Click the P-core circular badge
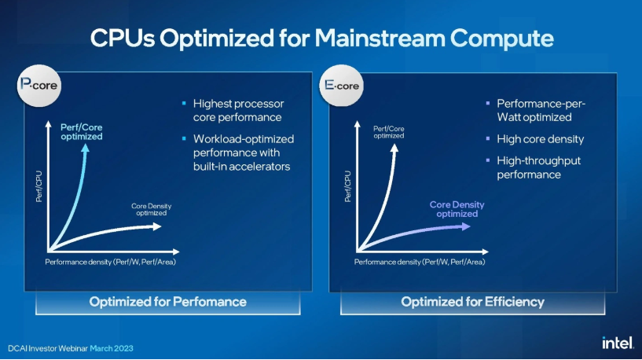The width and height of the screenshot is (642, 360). (x=39, y=86)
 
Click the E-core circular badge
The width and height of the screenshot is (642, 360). (x=341, y=86)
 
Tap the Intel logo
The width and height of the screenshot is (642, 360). (x=618, y=343)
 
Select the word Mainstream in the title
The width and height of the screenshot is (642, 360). (x=380, y=38)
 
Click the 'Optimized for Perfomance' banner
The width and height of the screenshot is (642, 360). (x=168, y=303)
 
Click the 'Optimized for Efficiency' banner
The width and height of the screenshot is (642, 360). (x=472, y=303)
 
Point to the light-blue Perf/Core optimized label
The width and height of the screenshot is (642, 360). (x=82, y=132)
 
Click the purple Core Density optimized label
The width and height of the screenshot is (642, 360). (x=457, y=209)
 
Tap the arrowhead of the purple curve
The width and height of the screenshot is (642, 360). (x=466, y=226)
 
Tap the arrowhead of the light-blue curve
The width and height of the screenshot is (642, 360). (x=85, y=148)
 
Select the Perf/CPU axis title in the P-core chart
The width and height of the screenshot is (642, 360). (x=39, y=186)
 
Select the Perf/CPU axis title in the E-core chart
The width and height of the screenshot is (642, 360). (x=347, y=186)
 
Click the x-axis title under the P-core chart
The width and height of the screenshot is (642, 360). (x=110, y=262)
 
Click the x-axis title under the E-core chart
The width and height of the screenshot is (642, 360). (x=420, y=262)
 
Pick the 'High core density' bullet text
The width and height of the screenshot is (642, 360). (x=541, y=139)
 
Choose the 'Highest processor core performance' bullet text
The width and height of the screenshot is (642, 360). (x=238, y=111)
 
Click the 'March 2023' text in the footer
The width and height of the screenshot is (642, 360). (x=112, y=348)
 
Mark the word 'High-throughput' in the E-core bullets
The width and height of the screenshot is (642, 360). (x=539, y=161)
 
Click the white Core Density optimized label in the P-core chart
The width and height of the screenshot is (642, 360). (x=151, y=210)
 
